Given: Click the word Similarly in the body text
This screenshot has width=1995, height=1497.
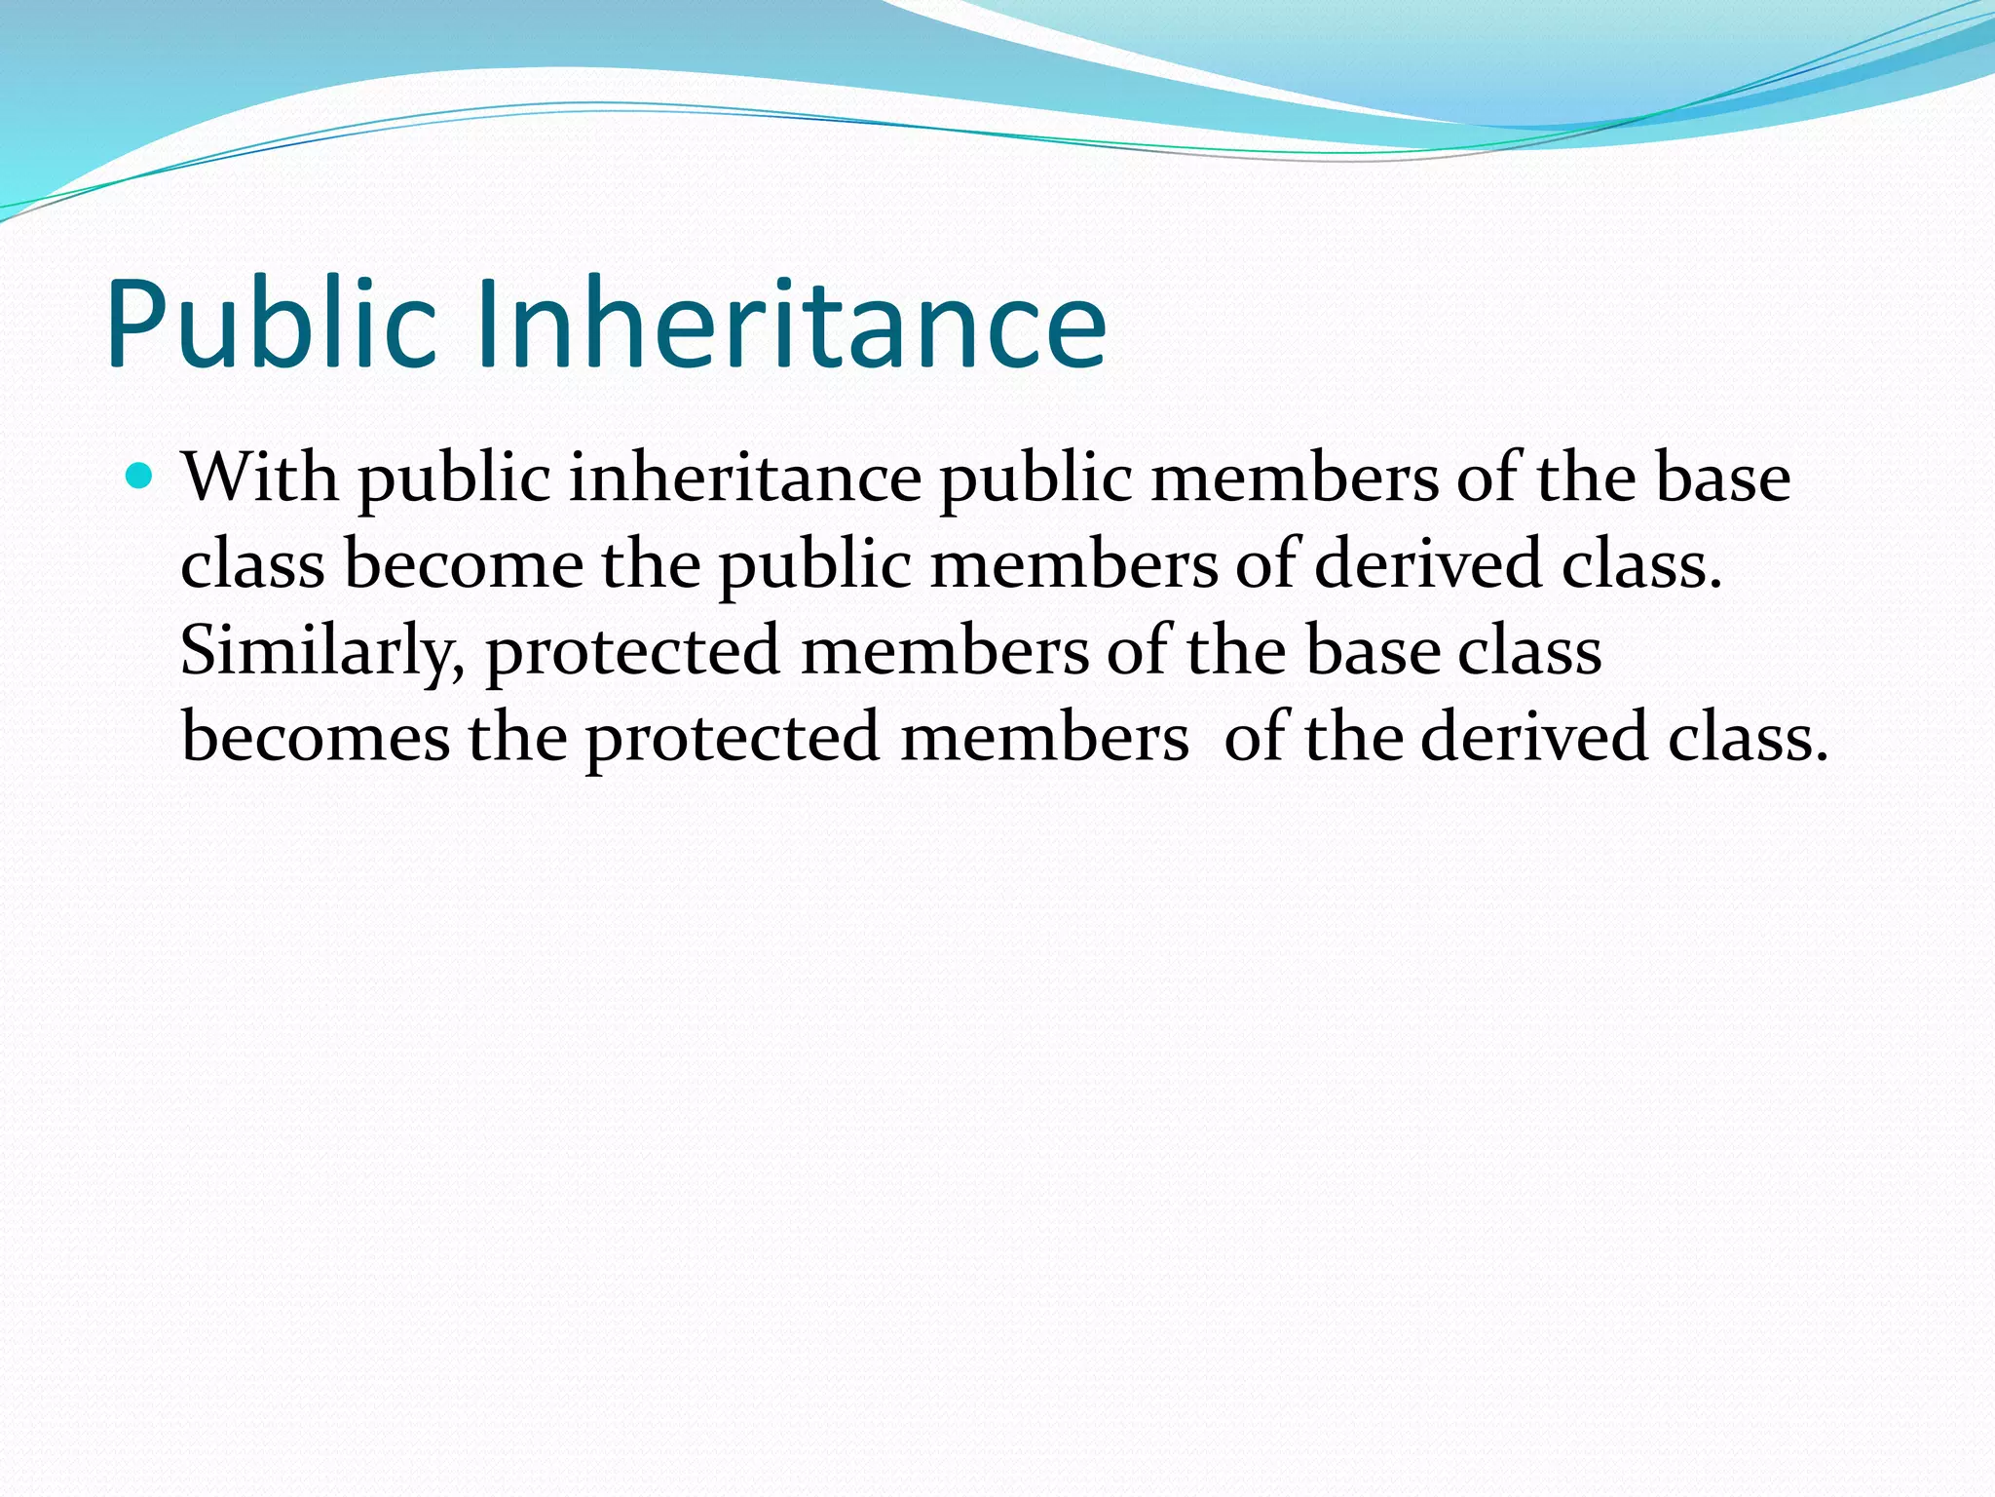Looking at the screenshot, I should tap(321, 651).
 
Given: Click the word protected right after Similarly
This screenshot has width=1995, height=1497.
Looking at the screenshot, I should tap(633, 651).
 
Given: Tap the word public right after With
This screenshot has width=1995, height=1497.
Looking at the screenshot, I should tap(454, 480).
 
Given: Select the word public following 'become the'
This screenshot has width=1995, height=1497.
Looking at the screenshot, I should tap(814, 566).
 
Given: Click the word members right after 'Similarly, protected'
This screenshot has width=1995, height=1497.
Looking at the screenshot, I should tap(945, 651).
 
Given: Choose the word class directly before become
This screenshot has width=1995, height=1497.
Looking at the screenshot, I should tap(252, 564).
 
